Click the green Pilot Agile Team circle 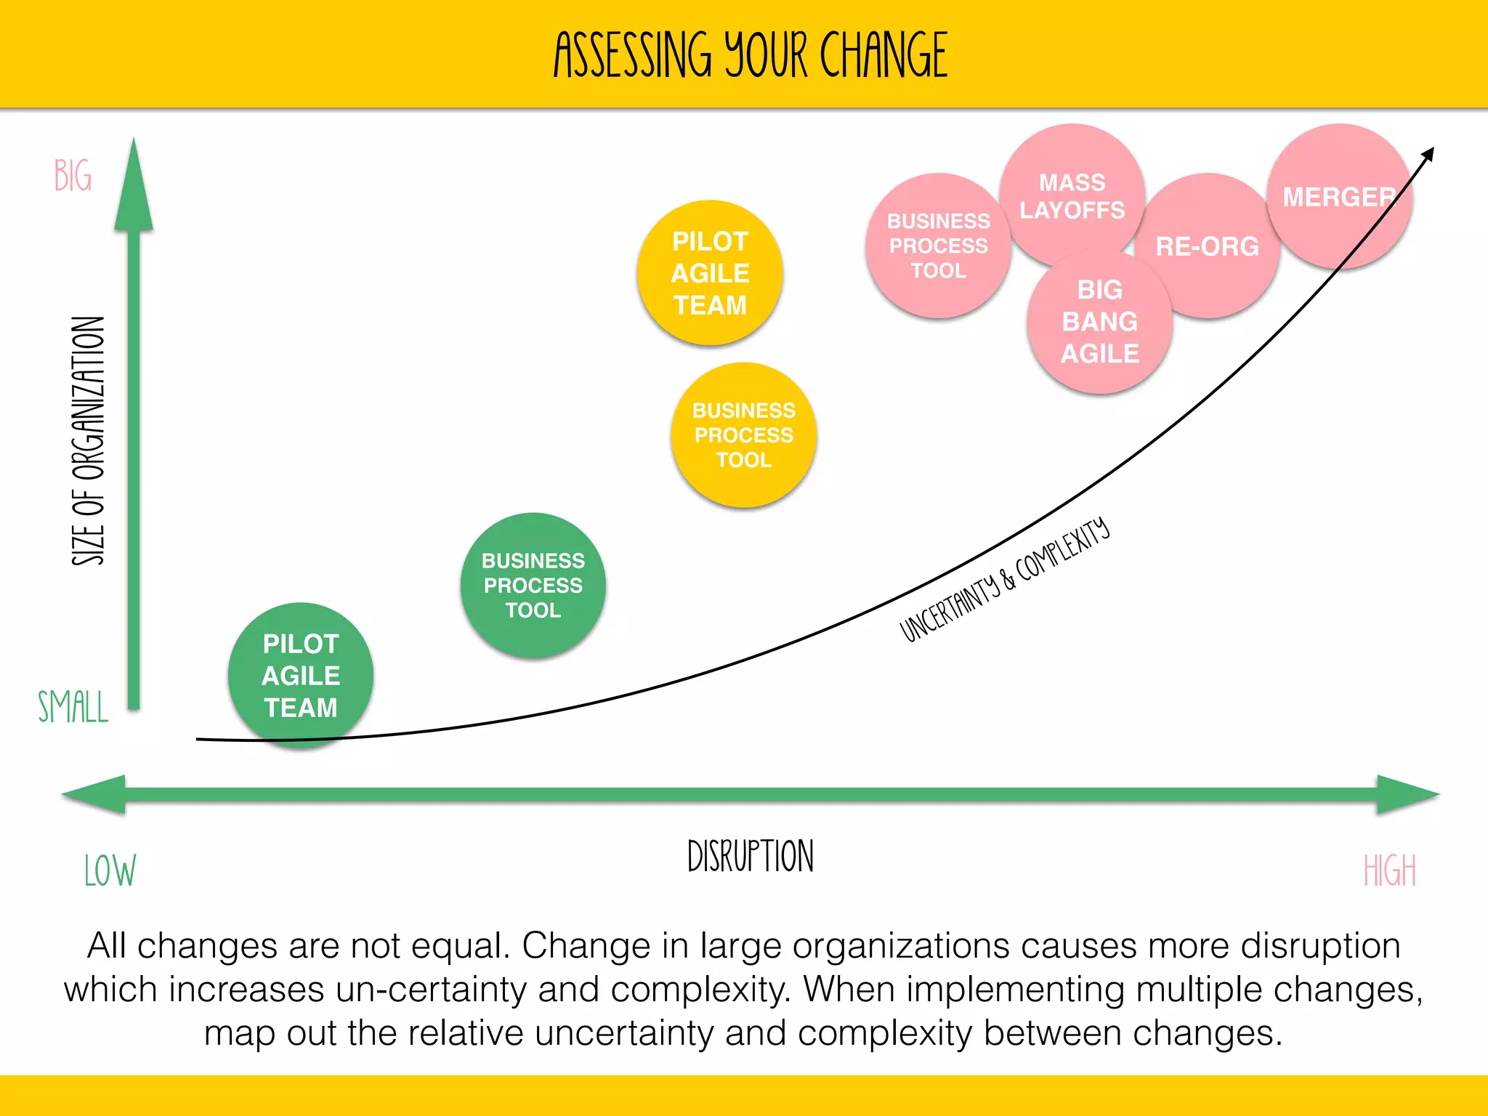(301, 675)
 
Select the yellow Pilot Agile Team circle (710, 273)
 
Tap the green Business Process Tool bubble (533, 586)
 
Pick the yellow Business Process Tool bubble (744, 435)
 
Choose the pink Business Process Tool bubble (938, 246)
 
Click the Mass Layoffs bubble (1072, 195)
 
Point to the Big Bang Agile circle (1100, 322)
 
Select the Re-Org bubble (1208, 246)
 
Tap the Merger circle (1339, 197)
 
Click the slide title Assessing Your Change (751, 55)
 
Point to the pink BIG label (73, 176)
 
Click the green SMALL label (73, 707)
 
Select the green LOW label (110, 870)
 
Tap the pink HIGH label (1390, 870)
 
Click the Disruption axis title (751, 856)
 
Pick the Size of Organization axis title (89, 441)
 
